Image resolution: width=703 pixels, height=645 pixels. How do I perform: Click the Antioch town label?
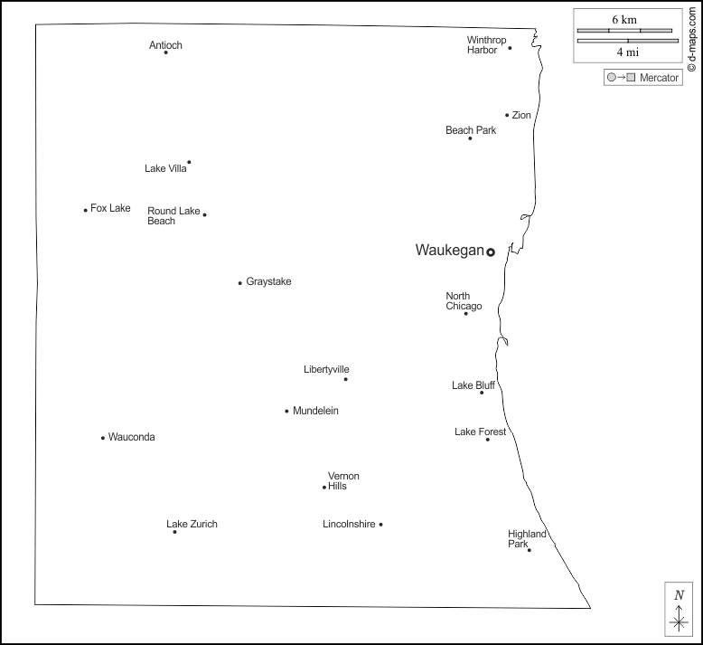(165, 45)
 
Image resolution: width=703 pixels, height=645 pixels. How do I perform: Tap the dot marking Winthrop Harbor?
(510, 48)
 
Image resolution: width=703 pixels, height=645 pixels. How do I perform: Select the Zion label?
(521, 115)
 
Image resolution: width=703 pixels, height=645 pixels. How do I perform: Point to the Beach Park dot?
(470, 138)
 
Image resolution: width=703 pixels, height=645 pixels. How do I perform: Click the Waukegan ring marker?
(491, 252)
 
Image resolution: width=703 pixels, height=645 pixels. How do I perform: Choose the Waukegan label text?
(449, 251)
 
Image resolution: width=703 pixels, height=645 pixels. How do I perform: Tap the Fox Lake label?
(110, 208)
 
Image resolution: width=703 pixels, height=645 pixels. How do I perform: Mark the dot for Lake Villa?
(189, 163)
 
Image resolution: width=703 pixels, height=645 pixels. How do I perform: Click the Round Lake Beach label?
(173, 216)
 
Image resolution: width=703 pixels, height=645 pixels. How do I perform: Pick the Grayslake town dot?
(239, 283)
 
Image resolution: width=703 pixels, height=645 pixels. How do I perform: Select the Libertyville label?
(326, 369)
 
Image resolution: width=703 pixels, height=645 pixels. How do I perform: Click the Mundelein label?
(315, 411)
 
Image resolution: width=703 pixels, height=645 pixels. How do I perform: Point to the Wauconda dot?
(103, 438)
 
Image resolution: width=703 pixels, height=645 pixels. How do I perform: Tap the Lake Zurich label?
(192, 524)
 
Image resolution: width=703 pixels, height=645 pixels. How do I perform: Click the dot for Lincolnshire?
(380, 525)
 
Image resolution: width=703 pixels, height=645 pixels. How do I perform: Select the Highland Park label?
(526, 539)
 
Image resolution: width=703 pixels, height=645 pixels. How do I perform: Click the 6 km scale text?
(624, 19)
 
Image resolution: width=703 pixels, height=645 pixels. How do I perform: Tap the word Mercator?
(659, 78)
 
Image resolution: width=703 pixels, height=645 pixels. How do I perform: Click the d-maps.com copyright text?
(691, 36)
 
